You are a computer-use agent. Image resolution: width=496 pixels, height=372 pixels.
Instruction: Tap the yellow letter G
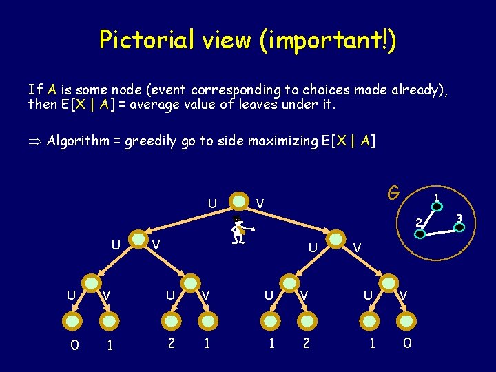click(393, 192)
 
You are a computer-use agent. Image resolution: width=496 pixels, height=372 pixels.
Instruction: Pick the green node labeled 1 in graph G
click(437, 206)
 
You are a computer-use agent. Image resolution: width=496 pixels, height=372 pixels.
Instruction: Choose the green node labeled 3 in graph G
click(459, 227)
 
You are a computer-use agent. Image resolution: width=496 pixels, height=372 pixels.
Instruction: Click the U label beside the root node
click(212, 203)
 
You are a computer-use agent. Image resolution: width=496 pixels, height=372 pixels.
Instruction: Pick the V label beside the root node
click(259, 203)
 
